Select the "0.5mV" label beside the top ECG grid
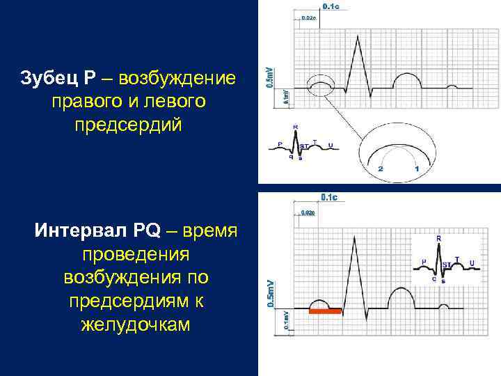[271, 77]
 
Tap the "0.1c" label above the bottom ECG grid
[329, 197]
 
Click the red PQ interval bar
[325, 311]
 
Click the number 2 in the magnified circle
[381, 169]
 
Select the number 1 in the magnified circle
[416, 169]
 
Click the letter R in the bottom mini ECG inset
[438, 239]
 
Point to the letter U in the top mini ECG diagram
[331, 145]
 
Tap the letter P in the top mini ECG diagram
[280, 145]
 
